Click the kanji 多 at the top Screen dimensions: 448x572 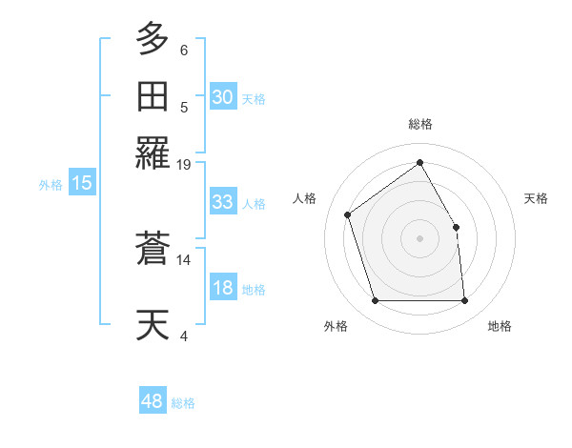tap(153, 41)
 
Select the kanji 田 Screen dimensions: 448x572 tap(153, 96)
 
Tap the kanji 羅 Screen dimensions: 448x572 tap(153, 153)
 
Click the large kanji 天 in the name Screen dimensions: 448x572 tap(153, 324)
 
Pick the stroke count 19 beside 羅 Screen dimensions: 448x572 tap(184, 164)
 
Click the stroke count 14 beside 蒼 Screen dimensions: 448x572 tap(184, 259)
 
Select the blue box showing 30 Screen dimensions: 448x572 tap(222, 97)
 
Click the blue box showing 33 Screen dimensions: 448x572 tap(222, 203)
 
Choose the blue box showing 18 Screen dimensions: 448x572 tap(222, 289)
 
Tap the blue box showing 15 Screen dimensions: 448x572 tap(81, 184)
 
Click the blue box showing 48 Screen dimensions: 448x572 tap(153, 401)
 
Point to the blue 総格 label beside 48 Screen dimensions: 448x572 tap(183, 403)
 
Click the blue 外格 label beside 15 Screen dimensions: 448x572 tap(50, 185)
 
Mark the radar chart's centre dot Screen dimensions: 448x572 tap(419, 237)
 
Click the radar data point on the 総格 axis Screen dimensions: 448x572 tap(419, 162)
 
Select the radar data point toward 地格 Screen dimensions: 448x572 tap(465, 301)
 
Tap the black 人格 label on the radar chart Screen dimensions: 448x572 tap(305, 198)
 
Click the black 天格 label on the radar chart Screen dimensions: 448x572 tap(536, 198)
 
